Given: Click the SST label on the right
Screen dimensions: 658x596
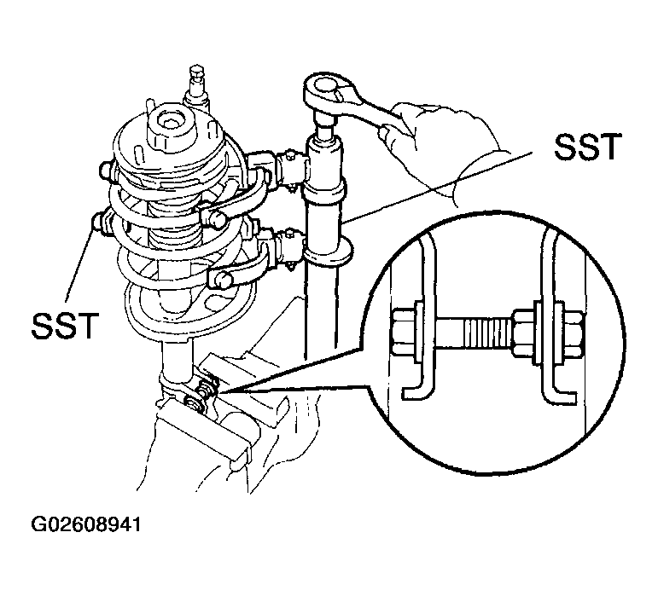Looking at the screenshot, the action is coord(586,147).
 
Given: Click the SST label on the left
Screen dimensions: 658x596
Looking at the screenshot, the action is coord(65,325).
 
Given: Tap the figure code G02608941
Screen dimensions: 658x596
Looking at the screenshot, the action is coord(85,524).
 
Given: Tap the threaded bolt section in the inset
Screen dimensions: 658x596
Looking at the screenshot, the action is coord(486,332).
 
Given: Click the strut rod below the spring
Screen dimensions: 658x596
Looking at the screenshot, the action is coord(178,358).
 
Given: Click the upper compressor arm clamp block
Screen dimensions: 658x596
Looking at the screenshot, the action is coord(290,169).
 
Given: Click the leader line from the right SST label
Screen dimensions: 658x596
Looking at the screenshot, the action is coord(439,187).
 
